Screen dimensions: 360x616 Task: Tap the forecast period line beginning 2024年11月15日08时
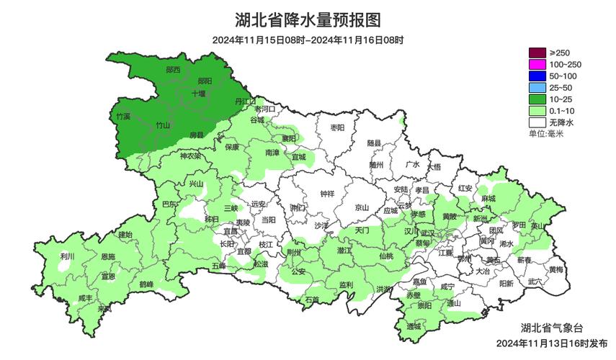coord(308,40)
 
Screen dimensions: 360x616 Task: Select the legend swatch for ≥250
coord(537,53)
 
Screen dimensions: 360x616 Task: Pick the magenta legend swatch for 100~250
coord(537,64)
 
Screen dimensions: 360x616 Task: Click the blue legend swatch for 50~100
coord(537,76)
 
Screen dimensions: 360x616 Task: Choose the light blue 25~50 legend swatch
coord(537,87)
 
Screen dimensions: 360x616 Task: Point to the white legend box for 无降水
coord(537,122)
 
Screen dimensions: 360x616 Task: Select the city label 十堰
coord(198,94)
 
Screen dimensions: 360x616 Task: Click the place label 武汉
coord(428,233)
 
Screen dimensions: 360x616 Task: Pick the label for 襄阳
coord(289,138)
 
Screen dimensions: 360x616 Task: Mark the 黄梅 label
coord(555,269)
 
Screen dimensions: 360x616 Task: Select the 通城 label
coord(413,326)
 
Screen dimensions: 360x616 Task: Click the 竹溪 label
coord(123,116)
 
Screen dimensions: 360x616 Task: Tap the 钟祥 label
coord(327,194)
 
